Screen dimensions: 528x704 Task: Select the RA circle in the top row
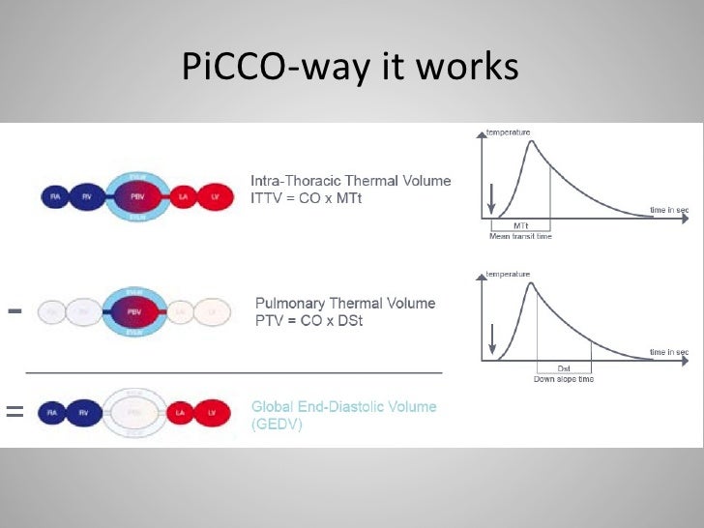click(54, 197)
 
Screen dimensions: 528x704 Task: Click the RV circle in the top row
click(88, 197)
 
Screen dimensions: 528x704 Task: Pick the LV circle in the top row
click(216, 197)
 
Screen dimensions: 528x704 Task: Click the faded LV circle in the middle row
click(212, 312)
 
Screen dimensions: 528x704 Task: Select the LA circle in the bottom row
click(181, 414)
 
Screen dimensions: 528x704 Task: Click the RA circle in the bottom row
click(52, 414)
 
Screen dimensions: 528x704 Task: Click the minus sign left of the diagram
click(15, 311)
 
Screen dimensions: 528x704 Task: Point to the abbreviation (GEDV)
click(277, 424)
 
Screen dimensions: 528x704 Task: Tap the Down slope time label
click(564, 378)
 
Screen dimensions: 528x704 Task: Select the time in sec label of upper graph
click(668, 210)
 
